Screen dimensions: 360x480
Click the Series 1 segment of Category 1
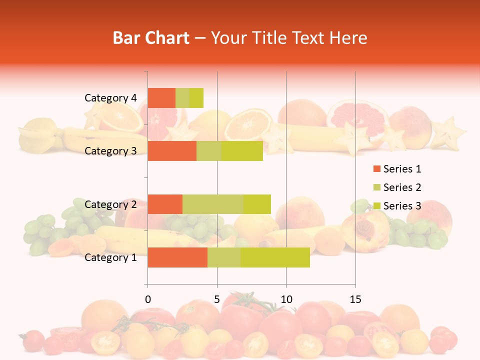pos(177,257)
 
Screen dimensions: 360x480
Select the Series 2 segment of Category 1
pos(224,257)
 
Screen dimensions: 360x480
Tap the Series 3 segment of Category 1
pos(275,257)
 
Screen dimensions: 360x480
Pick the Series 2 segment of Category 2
pos(213,204)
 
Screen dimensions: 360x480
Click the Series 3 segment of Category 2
pos(257,204)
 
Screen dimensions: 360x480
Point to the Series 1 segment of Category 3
pos(172,151)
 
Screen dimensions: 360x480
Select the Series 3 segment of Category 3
pos(242,151)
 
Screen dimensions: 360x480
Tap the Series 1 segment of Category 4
pos(161,98)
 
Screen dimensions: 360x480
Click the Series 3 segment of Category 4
pos(196,98)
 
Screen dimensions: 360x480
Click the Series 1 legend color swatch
pos(376,169)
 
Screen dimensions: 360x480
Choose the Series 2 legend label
pos(402,187)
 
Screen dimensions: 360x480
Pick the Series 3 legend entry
pos(397,206)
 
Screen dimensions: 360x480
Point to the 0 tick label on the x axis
pos(147,299)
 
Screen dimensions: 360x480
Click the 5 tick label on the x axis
pos(217,299)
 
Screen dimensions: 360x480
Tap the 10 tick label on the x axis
pos(286,299)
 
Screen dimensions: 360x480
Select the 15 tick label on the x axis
pos(355,299)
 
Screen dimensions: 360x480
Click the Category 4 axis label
pos(110,98)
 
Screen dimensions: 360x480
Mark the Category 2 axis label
pos(110,204)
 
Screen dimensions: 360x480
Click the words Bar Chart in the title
pos(151,38)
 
